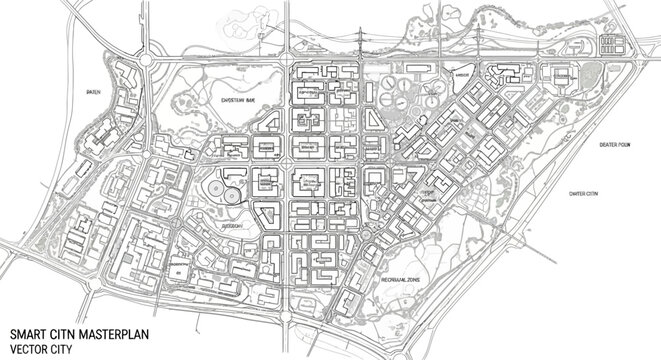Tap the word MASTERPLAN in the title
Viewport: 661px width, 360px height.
[x=106, y=334]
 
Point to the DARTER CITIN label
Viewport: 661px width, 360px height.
[x=582, y=192]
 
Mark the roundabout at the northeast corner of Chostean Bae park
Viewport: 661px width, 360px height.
[x=283, y=64]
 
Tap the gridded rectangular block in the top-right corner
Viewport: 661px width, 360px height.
[x=613, y=46]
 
